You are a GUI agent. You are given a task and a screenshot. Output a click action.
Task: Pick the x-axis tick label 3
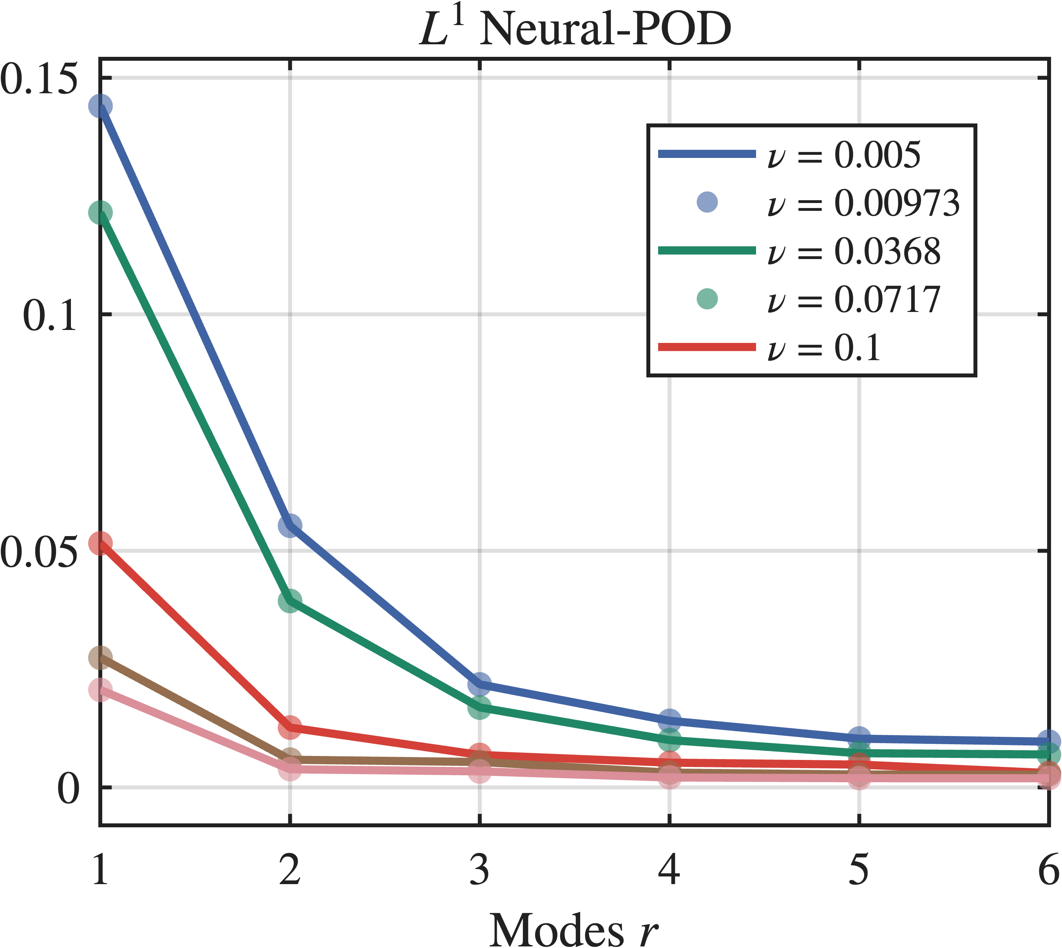479,870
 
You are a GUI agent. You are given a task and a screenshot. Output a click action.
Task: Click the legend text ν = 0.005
843,155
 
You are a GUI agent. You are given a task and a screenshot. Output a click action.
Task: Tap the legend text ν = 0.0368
854,252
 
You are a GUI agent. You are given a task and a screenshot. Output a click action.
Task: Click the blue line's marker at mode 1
100,106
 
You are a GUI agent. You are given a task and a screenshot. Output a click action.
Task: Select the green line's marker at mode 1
100,212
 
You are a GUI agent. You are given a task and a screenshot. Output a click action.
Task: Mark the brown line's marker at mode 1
100,657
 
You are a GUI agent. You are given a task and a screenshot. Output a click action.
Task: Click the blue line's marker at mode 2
290,525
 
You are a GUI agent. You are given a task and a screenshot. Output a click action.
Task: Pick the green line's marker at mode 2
290,600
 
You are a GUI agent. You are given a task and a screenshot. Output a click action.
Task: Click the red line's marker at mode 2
290,727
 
